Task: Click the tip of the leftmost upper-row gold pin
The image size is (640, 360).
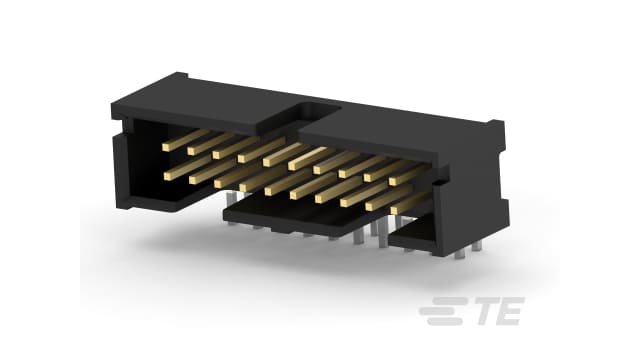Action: (166, 147)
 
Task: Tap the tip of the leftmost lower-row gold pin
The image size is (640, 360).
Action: (168, 176)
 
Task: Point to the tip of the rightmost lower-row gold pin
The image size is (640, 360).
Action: (394, 210)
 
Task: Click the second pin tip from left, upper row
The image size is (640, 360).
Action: (191, 151)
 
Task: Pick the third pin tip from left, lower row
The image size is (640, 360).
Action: (218, 184)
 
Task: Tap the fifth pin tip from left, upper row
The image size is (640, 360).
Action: (267, 162)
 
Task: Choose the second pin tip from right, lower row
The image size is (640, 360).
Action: (369, 207)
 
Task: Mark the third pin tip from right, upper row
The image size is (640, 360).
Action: (343, 173)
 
